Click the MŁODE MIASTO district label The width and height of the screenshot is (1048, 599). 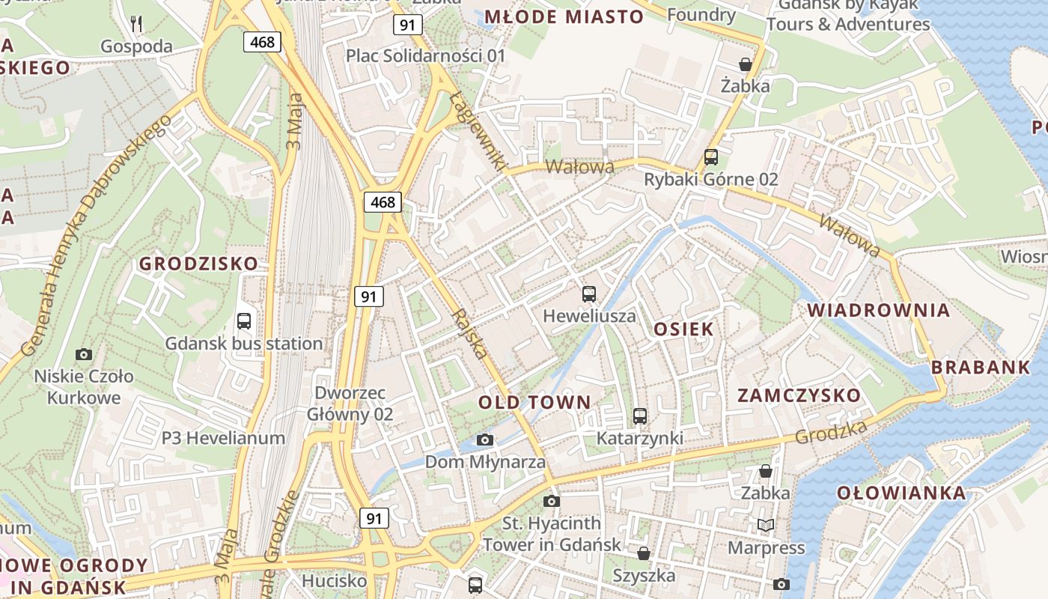(x=564, y=16)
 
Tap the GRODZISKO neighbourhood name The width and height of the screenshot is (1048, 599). (x=198, y=264)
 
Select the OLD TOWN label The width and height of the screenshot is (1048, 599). (x=534, y=402)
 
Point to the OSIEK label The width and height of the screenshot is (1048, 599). (x=683, y=329)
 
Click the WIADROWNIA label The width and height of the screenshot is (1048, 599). (x=878, y=310)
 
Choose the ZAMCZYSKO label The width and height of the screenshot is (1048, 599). (x=799, y=395)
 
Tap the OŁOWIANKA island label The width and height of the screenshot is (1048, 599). (x=901, y=493)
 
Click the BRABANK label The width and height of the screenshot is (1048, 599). (x=981, y=367)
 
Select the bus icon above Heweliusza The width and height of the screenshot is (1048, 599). (x=589, y=294)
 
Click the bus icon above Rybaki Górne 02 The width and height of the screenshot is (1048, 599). (x=710, y=157)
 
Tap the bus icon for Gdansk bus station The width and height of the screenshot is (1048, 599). (x=243, y=321)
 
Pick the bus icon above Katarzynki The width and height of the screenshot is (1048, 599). (x=639, y=416)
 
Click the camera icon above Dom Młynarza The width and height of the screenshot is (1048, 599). (x=485, y=440)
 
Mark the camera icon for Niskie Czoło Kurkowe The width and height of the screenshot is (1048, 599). (x=83, y=354)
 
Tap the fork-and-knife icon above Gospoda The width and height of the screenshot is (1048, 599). (x=136, y=24)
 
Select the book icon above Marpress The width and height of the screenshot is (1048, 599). (x=765, y=525)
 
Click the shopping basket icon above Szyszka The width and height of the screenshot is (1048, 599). (x=643, y=553)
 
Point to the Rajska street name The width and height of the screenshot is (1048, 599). (x=471, y=334)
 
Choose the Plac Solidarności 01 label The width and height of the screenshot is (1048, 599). (x=425, y=55)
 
